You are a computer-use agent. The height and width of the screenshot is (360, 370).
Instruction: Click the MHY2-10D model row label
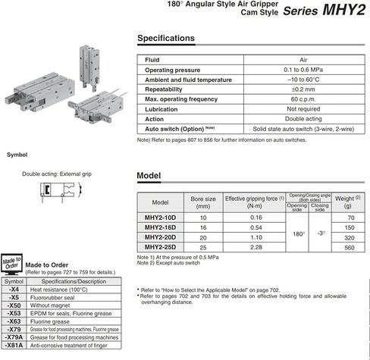161,218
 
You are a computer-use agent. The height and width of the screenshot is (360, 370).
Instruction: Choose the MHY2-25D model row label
161,247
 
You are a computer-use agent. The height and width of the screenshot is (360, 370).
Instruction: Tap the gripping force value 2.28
254,247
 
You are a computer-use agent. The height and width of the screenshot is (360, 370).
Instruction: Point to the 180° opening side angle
297,233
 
